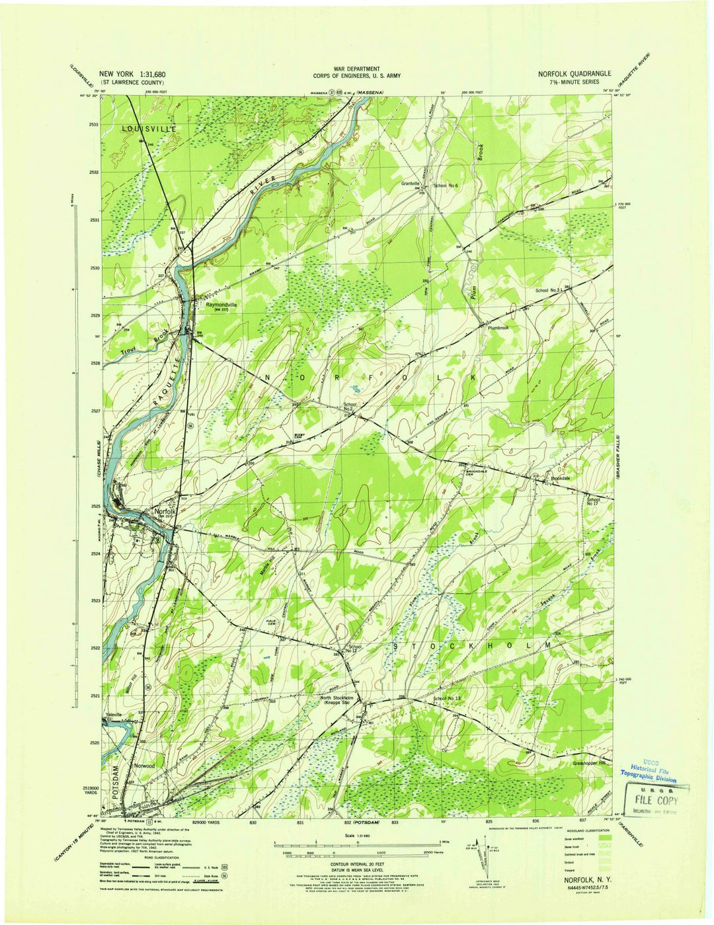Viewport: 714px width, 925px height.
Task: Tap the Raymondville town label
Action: (x=221, y=305)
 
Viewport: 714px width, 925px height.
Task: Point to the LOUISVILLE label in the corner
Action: (x=149, y=130)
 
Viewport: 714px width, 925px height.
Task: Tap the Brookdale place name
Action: (x=557, y=477)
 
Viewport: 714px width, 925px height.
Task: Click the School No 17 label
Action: (x=593, y=502)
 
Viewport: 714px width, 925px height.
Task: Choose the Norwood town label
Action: (x=144, y=765)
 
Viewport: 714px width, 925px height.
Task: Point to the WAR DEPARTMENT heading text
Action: (x=356, y=69)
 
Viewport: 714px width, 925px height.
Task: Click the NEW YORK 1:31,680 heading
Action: (x=133, y=74)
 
